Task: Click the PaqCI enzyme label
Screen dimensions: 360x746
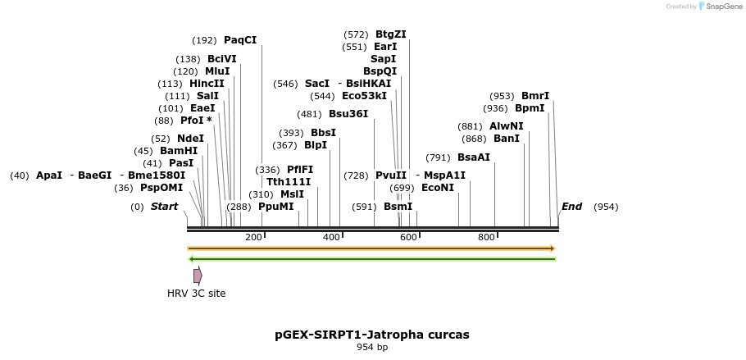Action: [239, 39]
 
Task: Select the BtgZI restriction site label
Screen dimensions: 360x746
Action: [390, 34]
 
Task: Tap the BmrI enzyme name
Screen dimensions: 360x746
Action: [535, 96]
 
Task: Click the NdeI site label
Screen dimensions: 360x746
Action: [190, 139]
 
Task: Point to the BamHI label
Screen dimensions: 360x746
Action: [179, 151]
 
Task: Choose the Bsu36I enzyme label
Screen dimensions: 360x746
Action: [348, 114]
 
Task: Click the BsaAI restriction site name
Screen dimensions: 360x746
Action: [474, 157]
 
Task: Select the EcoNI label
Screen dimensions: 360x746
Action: [437, 188]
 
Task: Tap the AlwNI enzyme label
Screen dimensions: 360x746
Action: [506, 126]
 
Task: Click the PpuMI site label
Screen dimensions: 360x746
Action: [275, 207]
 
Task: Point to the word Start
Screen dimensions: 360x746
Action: [164, 207]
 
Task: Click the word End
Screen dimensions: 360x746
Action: [571, 207]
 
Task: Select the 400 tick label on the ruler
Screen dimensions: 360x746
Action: [331, 237]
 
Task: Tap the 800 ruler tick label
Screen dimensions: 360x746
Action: [486, 237]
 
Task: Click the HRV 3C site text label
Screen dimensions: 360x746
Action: [197, 293]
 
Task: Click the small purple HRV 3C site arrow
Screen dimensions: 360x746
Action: [198, 276]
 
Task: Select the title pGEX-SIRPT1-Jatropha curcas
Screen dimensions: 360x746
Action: [372, 335]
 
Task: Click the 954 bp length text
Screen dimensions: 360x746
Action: [372, 348]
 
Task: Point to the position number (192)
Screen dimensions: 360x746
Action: [204, 40]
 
